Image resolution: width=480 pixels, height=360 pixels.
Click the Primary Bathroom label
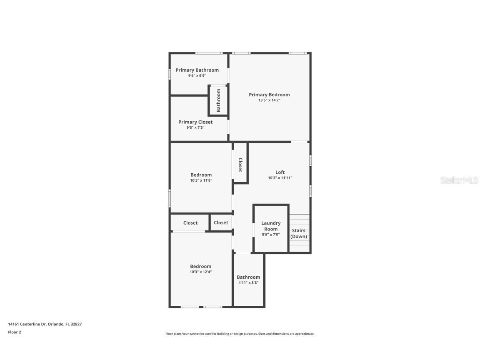coord(197,70)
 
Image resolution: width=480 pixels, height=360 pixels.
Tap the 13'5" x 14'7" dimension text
coord(269,100)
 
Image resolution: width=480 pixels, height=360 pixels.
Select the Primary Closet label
coord(195,122)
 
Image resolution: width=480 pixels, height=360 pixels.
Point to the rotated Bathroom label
coord(218,100)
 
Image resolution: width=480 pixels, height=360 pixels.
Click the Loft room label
coord(280,172)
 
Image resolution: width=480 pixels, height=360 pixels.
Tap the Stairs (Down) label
coord(298,233)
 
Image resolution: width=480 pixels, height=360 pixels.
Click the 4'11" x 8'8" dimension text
coord(248,282)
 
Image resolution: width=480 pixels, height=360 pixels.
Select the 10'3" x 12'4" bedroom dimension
coord(201,272)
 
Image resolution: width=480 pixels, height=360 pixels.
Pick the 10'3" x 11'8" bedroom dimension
coord(201,180)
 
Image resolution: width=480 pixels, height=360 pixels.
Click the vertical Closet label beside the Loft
coord(240,165)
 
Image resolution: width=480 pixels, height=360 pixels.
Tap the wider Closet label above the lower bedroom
coord(190,223)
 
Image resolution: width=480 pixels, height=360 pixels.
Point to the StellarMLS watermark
coord(459,180)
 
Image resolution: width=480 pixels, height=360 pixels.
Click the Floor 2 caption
coord(15,332)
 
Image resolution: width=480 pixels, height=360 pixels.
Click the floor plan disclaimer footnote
coord(240,334)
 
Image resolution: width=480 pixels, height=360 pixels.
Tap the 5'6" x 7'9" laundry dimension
coord(271,235)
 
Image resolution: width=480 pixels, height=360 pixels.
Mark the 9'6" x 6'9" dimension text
coord(197,76)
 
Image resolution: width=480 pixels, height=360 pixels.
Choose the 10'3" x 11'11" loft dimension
coord(280,178)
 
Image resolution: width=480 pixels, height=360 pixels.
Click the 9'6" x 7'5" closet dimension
coord(195,127)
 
